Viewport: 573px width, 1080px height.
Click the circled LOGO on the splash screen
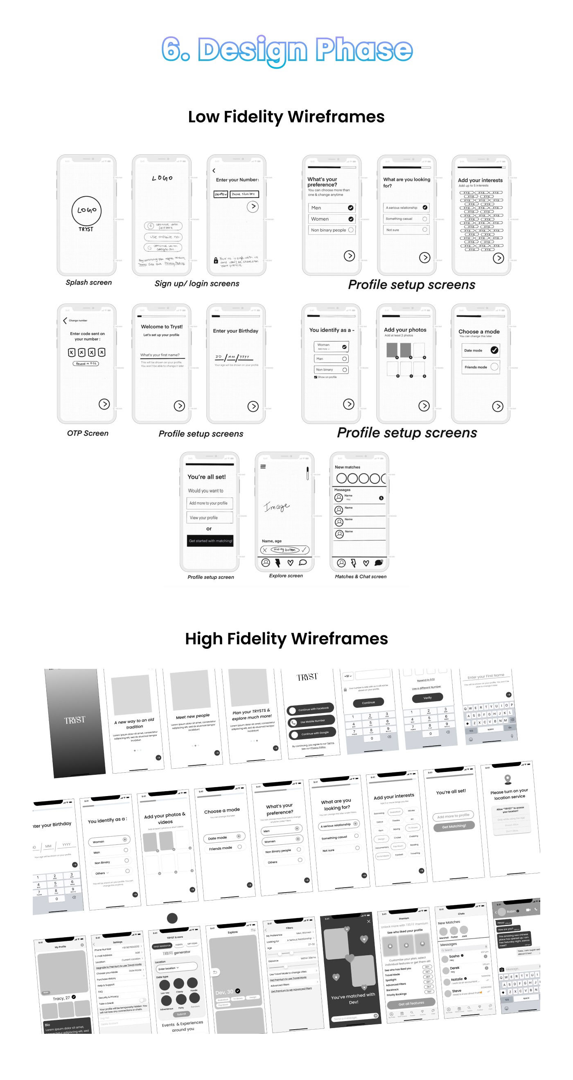(x=86, y=210)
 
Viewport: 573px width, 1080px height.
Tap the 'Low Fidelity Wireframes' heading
(x=286, y=117)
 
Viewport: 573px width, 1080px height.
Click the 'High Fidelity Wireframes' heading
(x=286, y=639)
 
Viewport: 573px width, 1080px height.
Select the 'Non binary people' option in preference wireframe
(x=332, y=230)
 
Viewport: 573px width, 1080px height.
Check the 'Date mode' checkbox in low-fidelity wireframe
(x=494, y=350)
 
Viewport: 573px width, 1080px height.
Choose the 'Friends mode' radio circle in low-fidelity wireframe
(x=494, y=367)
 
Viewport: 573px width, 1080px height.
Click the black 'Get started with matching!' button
(x=210, y=540)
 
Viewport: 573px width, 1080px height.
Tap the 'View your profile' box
(x=209, y=517)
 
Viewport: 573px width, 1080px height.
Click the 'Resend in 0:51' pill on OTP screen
(x=86, y=364)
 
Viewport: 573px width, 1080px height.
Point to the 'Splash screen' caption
(x=88, y=283)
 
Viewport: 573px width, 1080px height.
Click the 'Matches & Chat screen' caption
(x=360, y=576)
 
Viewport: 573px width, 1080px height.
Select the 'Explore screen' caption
(x=286, y=576)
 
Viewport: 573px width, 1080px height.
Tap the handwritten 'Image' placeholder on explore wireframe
(x=276, y=507)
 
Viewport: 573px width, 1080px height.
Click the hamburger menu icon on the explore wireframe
(x=263, y=466)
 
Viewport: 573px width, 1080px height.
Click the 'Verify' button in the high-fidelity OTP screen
(x=427, y=697)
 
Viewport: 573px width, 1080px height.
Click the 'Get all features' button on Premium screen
(x=411, y=1003)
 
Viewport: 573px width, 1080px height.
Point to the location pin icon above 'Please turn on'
(x=508, y=778)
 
